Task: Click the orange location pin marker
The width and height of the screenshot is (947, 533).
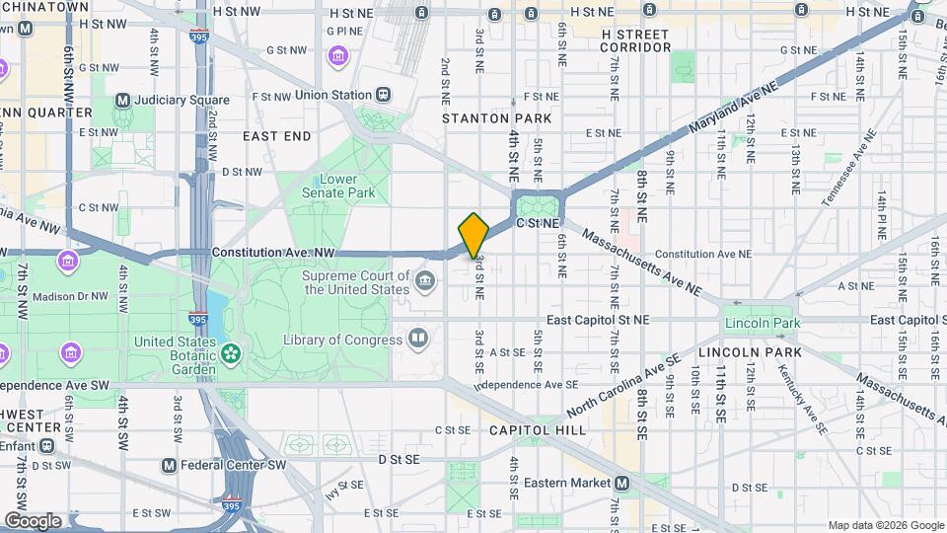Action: click(474, 234)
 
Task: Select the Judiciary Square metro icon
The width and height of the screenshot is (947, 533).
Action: click(123, 100)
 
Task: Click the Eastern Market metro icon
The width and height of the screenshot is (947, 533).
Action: click(622, 483)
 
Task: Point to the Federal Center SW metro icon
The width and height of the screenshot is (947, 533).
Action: click(169, 465)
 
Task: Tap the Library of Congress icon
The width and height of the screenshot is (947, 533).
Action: click(418, 340)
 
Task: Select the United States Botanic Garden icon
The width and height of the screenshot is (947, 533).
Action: click(231, 351)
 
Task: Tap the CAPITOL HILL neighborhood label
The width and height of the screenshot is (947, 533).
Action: click(537, 430)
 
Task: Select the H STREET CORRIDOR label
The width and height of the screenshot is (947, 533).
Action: click(635, 40)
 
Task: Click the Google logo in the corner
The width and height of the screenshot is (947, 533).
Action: click(33, 520)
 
